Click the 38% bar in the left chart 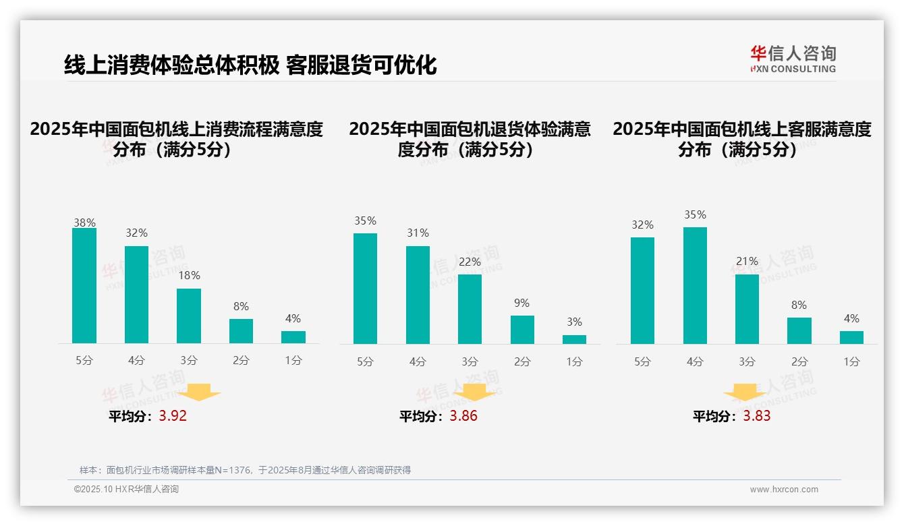pyautogui.click(x=84, y=286)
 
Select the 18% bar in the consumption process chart pyautogui.click(x=189, y=316)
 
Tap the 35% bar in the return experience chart pyautogui.click(x=365, y=289)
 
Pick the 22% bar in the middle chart pyautogui.click(x=470, y=309)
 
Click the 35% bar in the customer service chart pyautogui.click(x=695, y=285)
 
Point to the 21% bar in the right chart pyautogui.click(x=747, y=309)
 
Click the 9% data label pyautogui.click(x=521, y=303)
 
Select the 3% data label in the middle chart pyautogui.click(x=574, y=322)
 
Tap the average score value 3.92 pyautogui.click(x=173, y=416)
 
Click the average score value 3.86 pyautogui.click(x=463, y=416)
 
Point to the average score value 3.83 pyautogui.click(x=757, y=416)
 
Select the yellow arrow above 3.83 pyautogui.click(x=745, y=393)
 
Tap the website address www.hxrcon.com pyautogui.click(x=784, y=490)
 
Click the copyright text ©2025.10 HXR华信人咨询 pyautogui.click(x=126, y=490)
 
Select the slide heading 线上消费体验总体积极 pyautogui.click(x=171, y=65)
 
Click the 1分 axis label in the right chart pyautogui.click(x=851, y=361)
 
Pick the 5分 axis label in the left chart pyautogui.click(x=84, y=361)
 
